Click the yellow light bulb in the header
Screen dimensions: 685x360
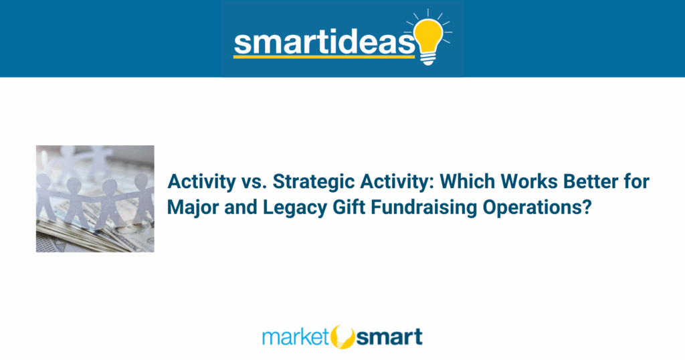point(429,40)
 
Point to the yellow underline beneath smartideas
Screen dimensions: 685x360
point(324,56)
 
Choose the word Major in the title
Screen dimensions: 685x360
point(193,207)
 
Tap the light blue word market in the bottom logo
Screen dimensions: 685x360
point(295,337)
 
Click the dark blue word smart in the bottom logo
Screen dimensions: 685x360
point(389,337)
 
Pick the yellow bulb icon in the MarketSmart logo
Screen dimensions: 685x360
point(342,337)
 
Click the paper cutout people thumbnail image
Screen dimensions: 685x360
point(95,199)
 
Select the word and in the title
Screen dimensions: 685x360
point(241,207)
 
